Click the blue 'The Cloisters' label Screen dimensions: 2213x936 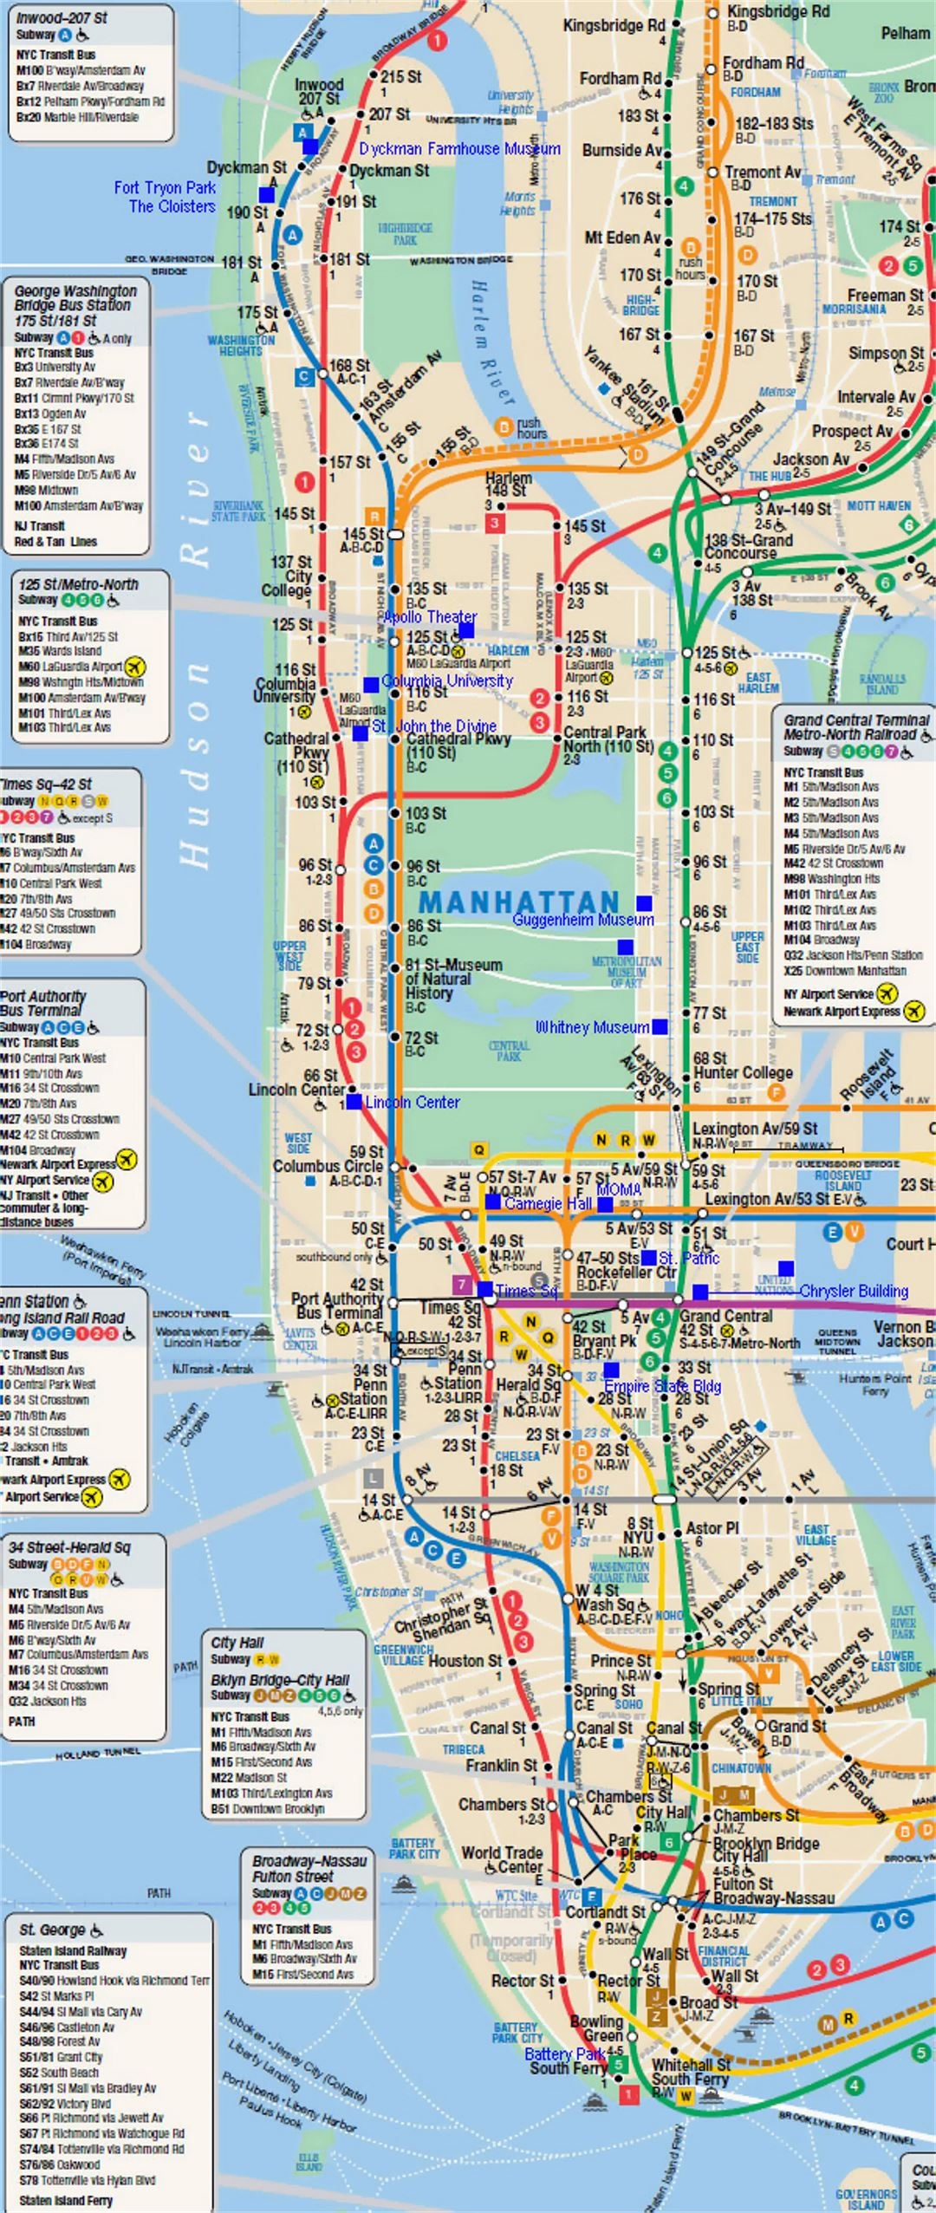pyautogui.click(x=172, y=206)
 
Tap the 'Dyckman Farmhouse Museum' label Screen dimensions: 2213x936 pyautogui.click(x=459, y=149)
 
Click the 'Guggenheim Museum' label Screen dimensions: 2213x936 pyautogui.click(x=583, y=920)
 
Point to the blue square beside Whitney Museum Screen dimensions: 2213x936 pyautogui.click(x=660, y=1027)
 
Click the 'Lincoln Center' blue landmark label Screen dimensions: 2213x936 pyautogui.click(x=412, y=1102)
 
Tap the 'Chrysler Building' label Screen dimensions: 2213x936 pyautogui.click(x=854, y=1292)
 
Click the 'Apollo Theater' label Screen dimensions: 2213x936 pyautogui.click(x=430, y=616)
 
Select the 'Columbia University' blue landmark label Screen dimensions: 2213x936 pyautogui.click(x=447, y=681)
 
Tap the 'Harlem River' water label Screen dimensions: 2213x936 pyautogui.click(x=491, y=342)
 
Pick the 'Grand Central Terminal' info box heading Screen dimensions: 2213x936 pyautogui.click(x=856, y=727)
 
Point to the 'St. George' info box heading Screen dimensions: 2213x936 pyautogui.click(x=52, y=1930)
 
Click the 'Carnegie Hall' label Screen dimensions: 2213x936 pyautogui.click(x=548, y=1204)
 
